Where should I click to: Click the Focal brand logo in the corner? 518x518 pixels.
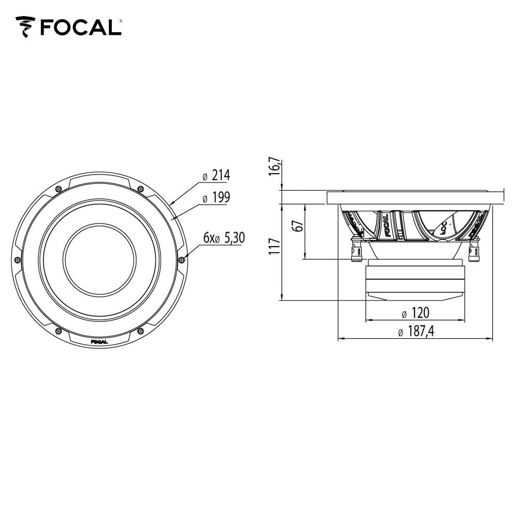68,26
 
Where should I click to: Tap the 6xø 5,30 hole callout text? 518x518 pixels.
223,238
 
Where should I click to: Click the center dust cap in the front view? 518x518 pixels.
99,260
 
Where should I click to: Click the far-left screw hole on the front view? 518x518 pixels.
18,259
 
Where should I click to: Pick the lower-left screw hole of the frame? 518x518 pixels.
59,330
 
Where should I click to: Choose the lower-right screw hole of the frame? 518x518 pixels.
140,330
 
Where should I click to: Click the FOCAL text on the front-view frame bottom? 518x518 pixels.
99,341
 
